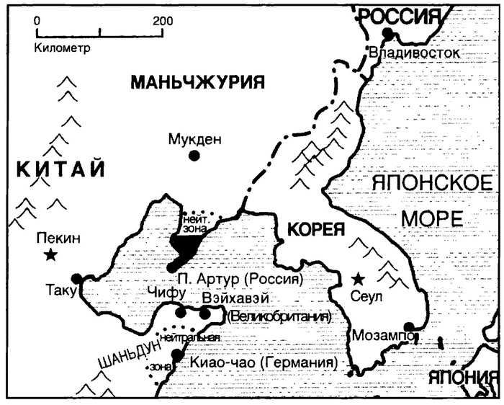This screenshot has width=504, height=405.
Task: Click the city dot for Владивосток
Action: (389, 33)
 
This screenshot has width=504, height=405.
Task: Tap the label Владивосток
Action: (413, 53)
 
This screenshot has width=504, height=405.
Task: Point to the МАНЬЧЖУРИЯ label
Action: (194, 82)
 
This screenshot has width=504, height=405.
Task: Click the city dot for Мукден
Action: (194, 155)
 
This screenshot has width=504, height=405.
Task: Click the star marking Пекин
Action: (50, 254)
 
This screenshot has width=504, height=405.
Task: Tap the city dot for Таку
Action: (77, 279)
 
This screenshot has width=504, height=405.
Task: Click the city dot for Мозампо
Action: (410, 326)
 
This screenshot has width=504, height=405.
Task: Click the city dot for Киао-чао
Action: (176, 355)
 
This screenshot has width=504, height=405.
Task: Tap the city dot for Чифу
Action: (180, 313)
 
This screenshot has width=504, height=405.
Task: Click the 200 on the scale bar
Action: (162, 20)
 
